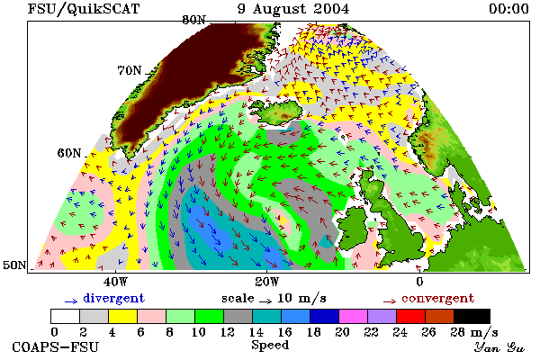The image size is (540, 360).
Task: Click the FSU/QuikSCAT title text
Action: [84, 9]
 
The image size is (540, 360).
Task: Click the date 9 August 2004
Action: [293, 9]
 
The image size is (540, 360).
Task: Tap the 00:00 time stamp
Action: [508, 9]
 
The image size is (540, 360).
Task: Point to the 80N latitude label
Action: [193, 20]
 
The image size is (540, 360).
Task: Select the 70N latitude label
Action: [129, 70]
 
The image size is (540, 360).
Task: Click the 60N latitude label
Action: [69, 153]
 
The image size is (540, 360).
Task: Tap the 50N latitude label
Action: [14, 265]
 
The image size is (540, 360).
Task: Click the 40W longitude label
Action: [115, 282]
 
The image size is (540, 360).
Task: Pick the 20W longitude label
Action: [267, 282]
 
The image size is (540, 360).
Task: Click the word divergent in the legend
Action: [113, 298]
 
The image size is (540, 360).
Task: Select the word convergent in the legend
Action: [437, 298]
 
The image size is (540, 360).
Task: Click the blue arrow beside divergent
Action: [71, 301]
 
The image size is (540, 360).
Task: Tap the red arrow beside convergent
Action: [390, 301]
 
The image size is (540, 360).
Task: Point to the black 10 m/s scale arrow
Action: [265, 301]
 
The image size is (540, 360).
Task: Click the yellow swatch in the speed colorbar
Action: [122, 316]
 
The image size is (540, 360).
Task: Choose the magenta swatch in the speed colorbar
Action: [353, 316]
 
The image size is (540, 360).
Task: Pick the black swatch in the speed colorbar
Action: [472, 316]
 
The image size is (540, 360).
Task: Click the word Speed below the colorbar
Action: [270, 346]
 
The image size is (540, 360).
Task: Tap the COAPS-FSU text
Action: [56, 346]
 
